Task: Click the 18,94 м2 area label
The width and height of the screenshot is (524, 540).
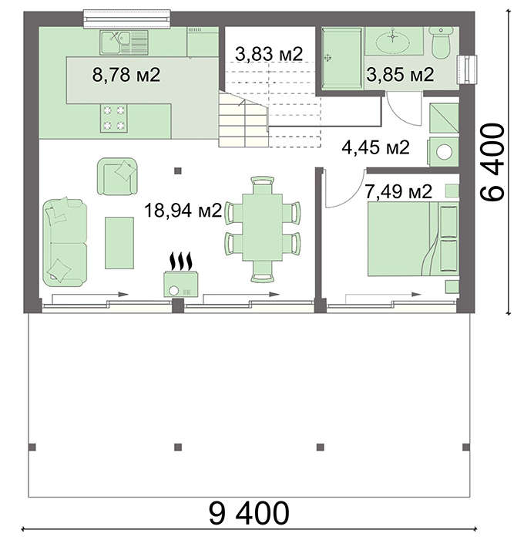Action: tap(183, 211)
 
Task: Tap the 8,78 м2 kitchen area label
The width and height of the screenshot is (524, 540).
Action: tap(126, 75)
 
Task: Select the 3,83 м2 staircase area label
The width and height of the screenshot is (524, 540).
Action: tap(269, 54)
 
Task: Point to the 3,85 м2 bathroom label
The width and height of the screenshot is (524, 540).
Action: tap(400, 75)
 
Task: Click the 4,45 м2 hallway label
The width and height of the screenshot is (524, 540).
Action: tap(375, 147)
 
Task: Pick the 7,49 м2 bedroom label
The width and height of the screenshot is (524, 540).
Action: tap(398, 191)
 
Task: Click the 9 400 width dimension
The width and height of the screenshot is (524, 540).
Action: tap(249, 513)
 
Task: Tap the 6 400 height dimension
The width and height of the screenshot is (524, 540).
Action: tap(492, 162)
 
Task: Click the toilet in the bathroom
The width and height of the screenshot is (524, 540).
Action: tap(441, 43)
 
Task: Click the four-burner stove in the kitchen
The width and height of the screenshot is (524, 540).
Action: tap(114, 118)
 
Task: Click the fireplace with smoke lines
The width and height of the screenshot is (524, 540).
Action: tap(181, 275)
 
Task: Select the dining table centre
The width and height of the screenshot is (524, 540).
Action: tap(263, 228)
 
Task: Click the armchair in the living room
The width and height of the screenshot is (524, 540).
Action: tap(117, 177)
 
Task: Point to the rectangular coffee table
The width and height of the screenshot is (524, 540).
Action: tap(119, 243)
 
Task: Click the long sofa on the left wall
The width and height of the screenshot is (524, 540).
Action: tap(65, 242)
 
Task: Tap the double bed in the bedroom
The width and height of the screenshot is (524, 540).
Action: tap(413, 238)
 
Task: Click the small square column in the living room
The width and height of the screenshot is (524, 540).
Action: tap(178, 170)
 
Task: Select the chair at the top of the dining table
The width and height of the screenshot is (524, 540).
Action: tap(263, 185)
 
